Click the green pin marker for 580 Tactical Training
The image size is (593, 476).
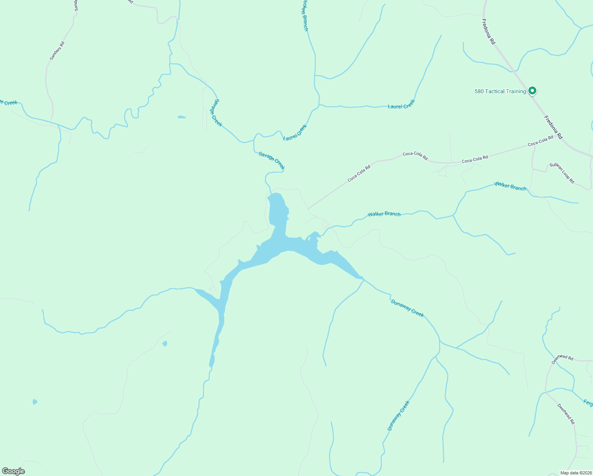pos(533,91)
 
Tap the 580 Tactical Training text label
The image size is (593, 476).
pos(500,92)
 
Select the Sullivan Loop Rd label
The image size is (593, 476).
pos(562,173)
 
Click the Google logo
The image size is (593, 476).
pos(13,471)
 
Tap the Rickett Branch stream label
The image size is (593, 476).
pos(304,16)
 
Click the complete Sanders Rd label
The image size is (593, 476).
pos(57,51)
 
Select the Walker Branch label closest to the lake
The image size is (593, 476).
pos(384,214)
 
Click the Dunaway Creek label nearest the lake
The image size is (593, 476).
pos(407,308)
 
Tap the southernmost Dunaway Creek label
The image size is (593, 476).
pos(398,416)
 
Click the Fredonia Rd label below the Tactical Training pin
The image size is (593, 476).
pos(553,127)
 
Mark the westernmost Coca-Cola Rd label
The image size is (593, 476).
pos(359,173)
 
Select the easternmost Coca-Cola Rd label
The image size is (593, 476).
pos(540,141)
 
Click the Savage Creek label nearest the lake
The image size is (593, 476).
pos(272,160)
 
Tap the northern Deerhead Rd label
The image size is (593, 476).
pos(562,359)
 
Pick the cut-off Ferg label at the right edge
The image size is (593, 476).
pos(588,403)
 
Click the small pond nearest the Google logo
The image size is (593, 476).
pos(35,402)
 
